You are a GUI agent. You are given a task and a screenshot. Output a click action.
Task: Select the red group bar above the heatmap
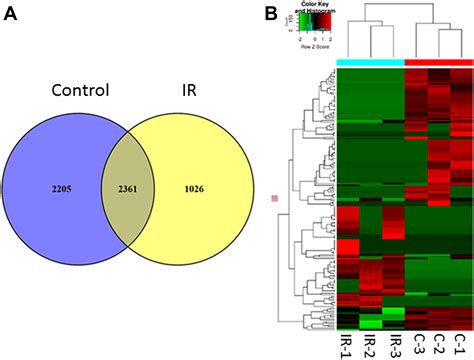(x=437, y=62)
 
